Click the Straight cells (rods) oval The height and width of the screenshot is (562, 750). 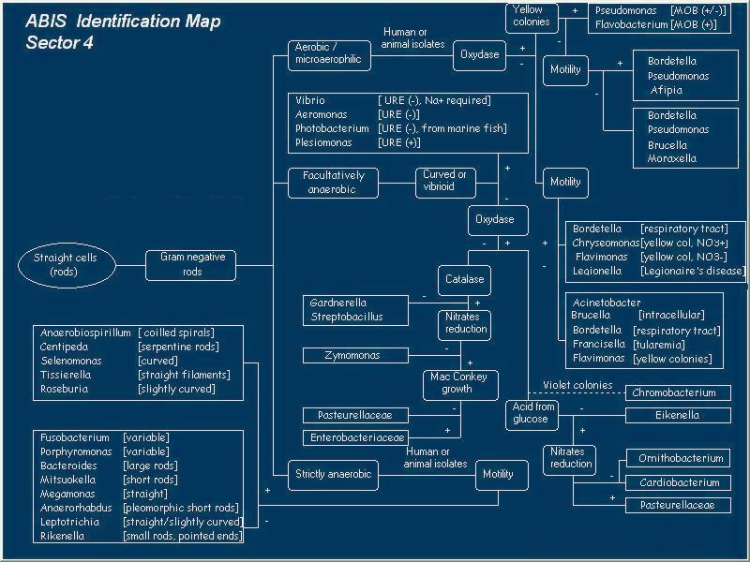point(66,265)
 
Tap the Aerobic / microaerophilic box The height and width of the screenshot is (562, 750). point(328,54)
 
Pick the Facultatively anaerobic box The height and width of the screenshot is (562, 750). point(333,182)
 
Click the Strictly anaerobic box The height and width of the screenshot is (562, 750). point(333,474)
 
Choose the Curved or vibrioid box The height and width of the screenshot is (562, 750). point(444,181)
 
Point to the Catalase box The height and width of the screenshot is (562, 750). point(465,279)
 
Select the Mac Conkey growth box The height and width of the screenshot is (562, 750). point(458,383)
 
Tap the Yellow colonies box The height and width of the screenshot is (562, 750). point(532,16)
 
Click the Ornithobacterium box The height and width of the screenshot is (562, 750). point(681,459)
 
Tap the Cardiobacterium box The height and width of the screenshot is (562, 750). point(680,483)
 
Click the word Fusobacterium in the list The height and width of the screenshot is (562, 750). point(73,437)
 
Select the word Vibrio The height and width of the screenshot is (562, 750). point(310,100)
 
